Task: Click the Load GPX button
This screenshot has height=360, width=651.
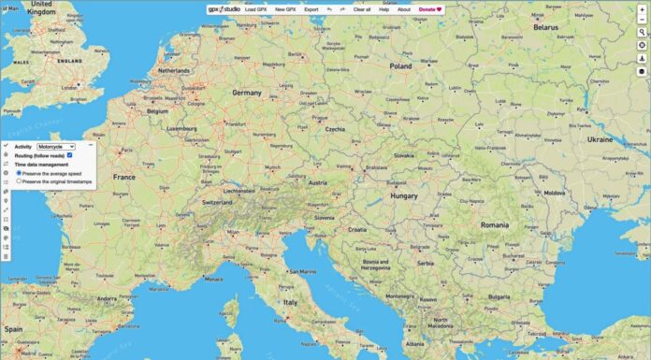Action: pos(256,9)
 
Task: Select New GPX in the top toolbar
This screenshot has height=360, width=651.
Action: pos(286,9)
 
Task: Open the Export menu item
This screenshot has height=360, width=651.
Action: pos(311,9)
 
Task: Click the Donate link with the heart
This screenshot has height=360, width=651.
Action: pos(430,9)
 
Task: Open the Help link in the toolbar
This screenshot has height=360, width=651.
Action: pos(383,9)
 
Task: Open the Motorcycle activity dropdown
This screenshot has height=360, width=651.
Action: pos(56,147)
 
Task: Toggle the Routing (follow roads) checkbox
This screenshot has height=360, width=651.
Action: pos(83,155)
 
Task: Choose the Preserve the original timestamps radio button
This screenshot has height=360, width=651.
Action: pos(20,181)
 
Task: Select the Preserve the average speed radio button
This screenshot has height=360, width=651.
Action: pos(20,173)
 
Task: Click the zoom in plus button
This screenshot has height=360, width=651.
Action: pos(642,9)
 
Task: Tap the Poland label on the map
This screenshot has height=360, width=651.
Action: pos(400,66)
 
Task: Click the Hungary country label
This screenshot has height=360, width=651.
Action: pos(404,196)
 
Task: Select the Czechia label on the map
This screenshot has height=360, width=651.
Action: pos(335,129)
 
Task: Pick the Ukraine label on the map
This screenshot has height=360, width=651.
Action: pos(599,138)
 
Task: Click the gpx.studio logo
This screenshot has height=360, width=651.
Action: pos(224,9)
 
